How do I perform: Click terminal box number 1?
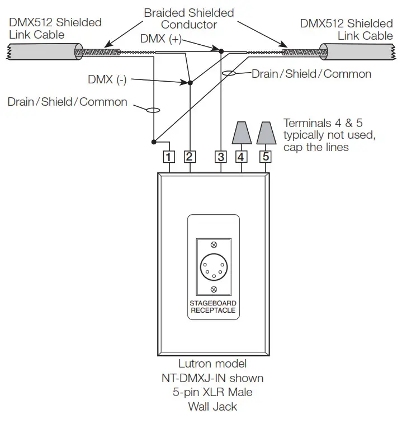pos(168,157)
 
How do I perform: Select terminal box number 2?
pos(190,157)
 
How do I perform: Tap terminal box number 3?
pos(221,157)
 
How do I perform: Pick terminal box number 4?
pos(242,157)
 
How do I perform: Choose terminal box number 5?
pos(266,157)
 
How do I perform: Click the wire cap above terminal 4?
pos(242,133)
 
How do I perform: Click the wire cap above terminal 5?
pos(266,133)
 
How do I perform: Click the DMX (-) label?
pos(107,80)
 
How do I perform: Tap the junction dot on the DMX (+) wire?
pos(221,51)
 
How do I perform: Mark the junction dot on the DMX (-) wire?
pos(190,83)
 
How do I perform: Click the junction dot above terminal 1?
pos(153,141)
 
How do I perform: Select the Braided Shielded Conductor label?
pos(189,18)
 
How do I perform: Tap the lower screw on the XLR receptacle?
pos(214,289)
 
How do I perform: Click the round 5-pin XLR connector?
pos(214,267)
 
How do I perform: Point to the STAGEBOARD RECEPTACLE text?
pos(213,307)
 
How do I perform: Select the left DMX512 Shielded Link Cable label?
pos(55,29)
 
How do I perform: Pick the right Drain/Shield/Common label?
pos(311,74)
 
